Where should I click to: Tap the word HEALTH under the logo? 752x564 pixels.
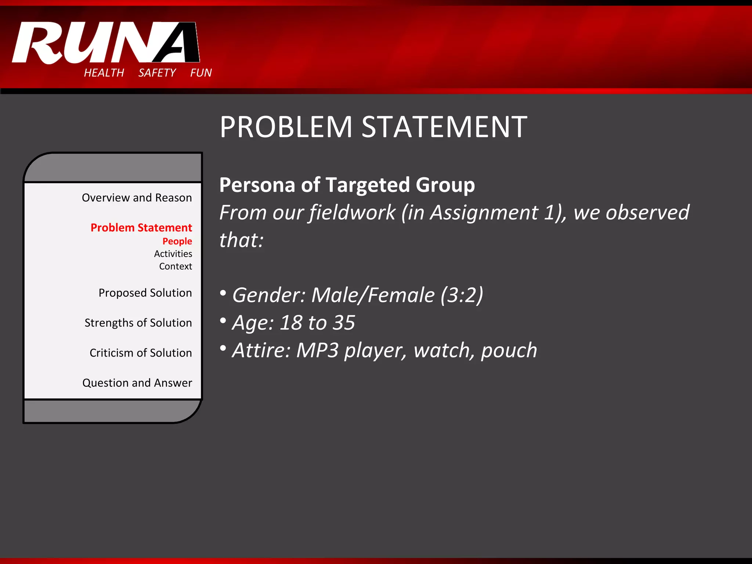click(104, 73)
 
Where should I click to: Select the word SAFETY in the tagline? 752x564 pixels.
click(157, 73)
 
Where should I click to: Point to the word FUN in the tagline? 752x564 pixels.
click(201, 73)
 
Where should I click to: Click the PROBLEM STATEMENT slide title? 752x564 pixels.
click(373, 127)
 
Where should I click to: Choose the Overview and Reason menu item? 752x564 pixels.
click(137, 198)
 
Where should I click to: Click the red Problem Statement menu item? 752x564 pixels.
click(141, 228)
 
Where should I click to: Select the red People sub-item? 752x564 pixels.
click(177, 241)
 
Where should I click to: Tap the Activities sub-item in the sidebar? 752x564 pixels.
click(173, 254)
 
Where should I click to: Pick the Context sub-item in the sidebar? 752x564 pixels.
click(176, 266)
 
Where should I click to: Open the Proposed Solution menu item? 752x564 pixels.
click(145, 293)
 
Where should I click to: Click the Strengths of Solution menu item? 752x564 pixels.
click(138, 323)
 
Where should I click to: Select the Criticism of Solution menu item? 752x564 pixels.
click(141, 353)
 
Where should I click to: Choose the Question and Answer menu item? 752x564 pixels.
click(137, 383)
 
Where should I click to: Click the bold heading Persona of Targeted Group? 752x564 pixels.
click(347, 185)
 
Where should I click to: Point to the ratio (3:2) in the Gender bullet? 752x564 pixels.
click(462, 295)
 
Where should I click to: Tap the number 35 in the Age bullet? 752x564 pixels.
click(344, 323)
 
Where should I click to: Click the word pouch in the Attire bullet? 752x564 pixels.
click(509, 351)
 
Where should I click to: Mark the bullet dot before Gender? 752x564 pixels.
click(223, 293)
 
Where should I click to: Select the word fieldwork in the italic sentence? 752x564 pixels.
click(352, 213)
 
